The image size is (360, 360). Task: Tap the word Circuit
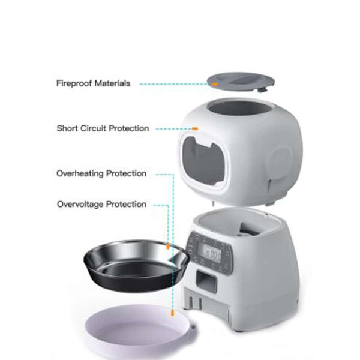92,128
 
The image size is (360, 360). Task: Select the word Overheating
80,173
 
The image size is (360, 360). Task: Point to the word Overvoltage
80,204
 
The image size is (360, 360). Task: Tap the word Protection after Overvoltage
127,204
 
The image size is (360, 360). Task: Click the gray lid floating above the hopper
237,81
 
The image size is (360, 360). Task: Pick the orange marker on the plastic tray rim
172,313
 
